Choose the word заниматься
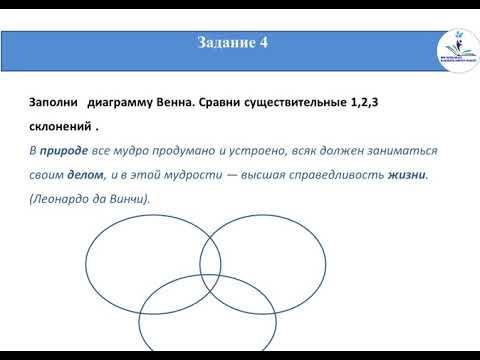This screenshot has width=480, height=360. point(401,151)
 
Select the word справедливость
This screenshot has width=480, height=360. point(333,175)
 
